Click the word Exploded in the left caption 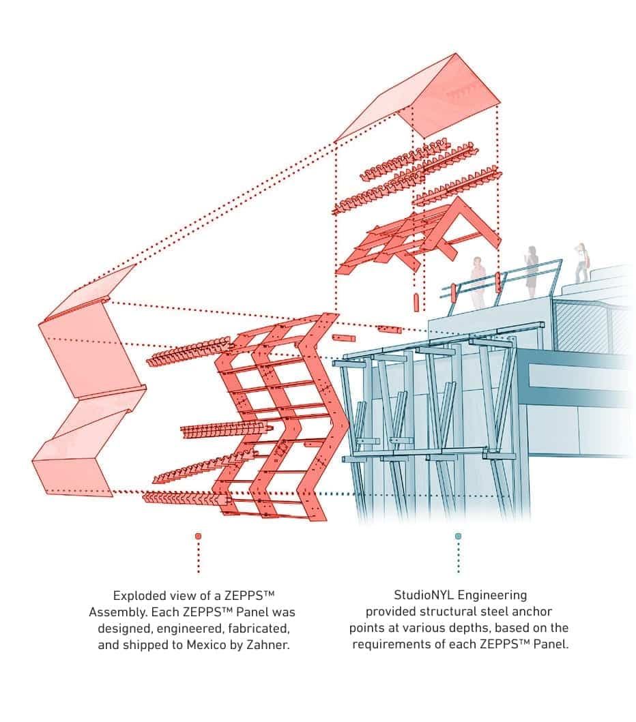[136, 595]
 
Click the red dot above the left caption [198, 536]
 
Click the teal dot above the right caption [458, 536]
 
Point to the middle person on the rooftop [531, 270]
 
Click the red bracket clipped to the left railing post [451, 291]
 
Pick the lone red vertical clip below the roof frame [416, 302]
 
